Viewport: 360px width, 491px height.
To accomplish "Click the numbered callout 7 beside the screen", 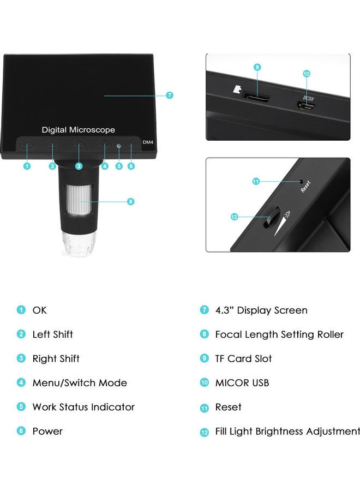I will (170, 95).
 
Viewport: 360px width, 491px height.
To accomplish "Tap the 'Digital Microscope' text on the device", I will (79, 130).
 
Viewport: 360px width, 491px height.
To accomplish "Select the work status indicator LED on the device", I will (119, 145).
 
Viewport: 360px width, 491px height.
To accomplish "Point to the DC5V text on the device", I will (309, 98).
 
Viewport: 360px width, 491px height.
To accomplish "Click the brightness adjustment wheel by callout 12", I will (272, 217).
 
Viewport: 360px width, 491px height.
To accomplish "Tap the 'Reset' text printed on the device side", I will (305, 187).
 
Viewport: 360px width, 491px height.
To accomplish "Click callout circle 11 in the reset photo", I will (256, 182).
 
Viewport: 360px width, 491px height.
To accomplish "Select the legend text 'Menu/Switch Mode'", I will (80, 383).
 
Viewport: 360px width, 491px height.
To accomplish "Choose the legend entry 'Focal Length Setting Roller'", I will (279, 334).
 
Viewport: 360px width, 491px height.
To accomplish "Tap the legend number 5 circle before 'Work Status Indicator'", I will (21, 407).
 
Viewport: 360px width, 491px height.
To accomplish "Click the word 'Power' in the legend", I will (47, 431).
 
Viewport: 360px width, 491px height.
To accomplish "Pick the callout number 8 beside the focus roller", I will (130, 201).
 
